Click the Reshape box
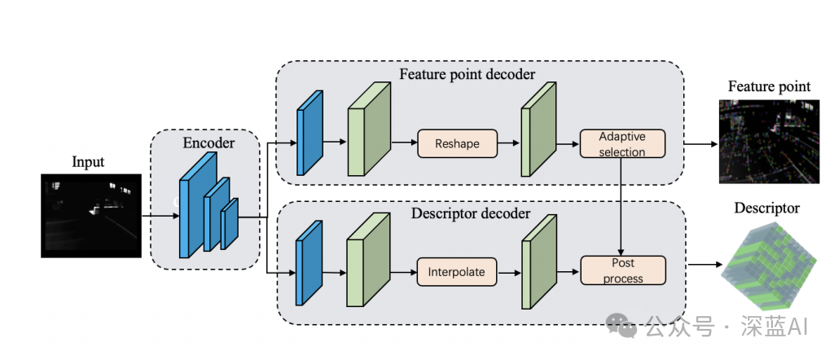(x=456, y=143)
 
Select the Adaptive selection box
(x=622, y=143)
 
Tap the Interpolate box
(x=456, y=271)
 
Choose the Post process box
(x=622, y=271)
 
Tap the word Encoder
(x=208, y=143)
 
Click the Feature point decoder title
(x=467, y=74)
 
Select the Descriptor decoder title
(x=467, y=213)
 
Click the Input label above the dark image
(x=88, y=161)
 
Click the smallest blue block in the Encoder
(x=229, y=222)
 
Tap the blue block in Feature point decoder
(x=310, y=133)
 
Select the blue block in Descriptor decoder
(x=309, y=262)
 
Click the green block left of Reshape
(x=368, y=130)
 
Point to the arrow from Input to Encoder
(x=160, y=217)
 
